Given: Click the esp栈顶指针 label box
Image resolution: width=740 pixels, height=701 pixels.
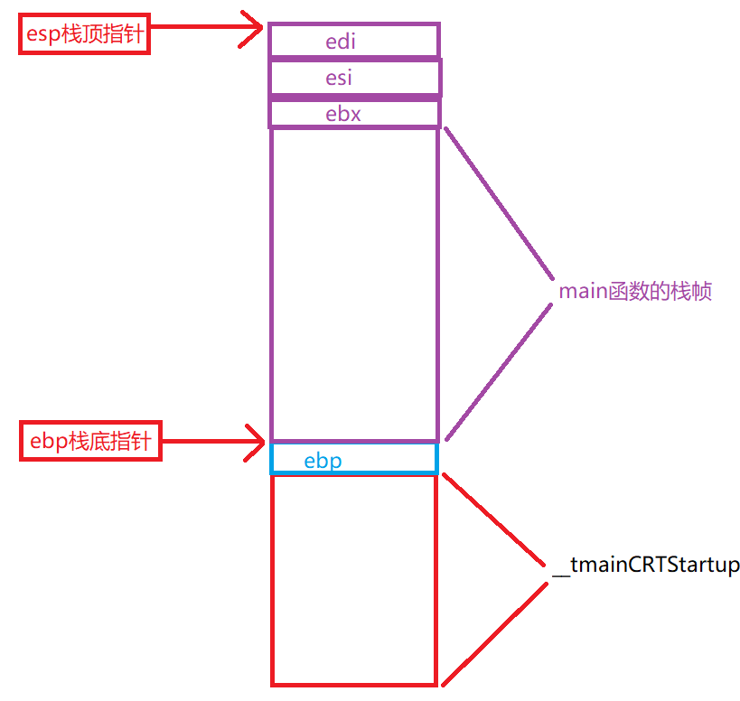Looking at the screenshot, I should point(84,35).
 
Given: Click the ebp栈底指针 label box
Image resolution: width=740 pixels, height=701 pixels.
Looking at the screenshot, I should point(90,443).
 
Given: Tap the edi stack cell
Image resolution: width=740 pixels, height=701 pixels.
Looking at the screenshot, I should point(354,41).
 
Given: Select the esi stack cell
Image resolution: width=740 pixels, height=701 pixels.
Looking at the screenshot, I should point(354,78).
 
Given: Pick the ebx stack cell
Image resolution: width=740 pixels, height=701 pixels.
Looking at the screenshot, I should point(354,114).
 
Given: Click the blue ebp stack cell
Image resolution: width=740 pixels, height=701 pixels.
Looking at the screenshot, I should point(354,459).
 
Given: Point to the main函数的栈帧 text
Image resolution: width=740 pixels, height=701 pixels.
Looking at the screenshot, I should point(635,291).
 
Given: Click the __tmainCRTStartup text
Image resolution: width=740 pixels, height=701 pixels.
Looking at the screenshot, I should point(646,565).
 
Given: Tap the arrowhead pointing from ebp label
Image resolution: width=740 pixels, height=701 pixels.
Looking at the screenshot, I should point(254,443).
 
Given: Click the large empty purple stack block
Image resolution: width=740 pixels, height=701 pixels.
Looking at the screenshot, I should point(354,285).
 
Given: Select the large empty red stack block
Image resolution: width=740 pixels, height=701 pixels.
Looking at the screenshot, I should point(354,578).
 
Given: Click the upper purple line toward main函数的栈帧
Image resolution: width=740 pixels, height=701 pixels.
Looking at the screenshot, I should point(497,201).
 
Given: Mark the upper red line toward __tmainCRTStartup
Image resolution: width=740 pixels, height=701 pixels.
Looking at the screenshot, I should point(495,521).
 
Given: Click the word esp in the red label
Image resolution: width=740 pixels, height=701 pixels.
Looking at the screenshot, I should point(45,35).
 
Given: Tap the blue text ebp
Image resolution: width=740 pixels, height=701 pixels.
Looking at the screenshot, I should point(323,461).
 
